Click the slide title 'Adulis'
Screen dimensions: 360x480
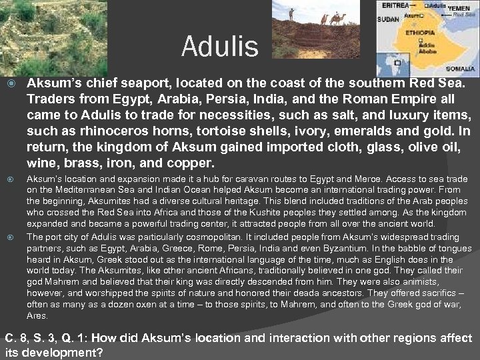point(219,47)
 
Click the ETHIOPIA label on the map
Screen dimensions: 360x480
point(419,31)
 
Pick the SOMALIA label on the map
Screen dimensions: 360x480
point(461,68)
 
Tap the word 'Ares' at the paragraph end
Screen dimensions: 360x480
point(37,316)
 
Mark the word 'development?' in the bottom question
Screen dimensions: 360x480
point(59,351)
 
